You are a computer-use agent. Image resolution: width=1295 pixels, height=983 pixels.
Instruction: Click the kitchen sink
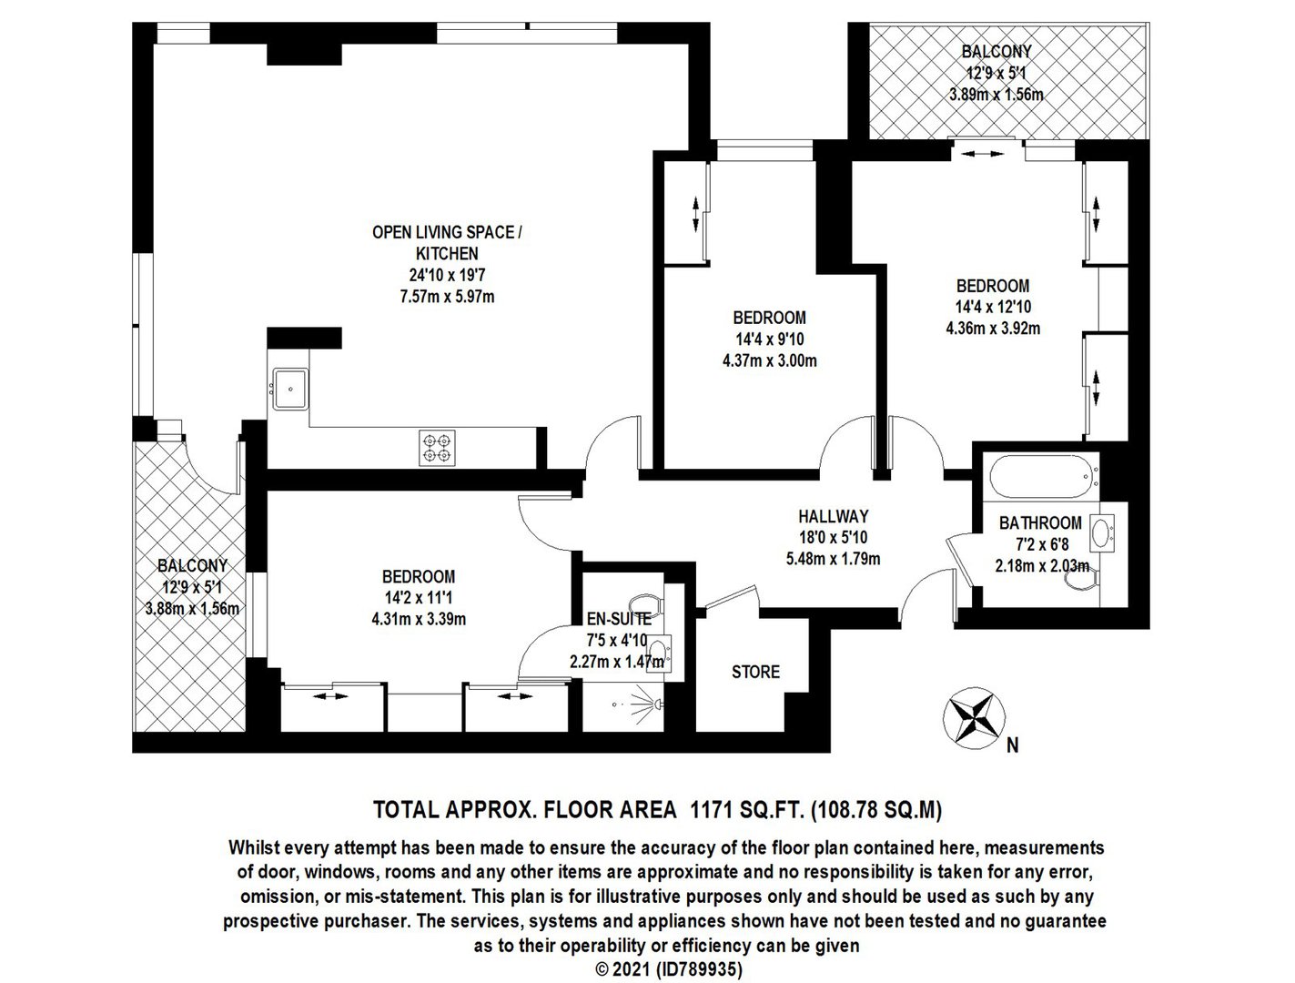[289, 389]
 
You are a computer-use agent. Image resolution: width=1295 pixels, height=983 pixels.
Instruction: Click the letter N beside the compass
[1012, 745]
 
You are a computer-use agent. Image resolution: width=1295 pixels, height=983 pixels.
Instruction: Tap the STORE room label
[755, 672]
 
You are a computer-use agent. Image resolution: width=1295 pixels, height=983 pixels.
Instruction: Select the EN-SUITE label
[619, 619]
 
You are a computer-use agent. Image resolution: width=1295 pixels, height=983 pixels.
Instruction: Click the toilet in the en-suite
[647, 604]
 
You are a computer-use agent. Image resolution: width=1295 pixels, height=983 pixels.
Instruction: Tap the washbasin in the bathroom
[1100, 532]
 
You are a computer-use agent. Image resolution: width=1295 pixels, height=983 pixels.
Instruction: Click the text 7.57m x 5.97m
[447, 296]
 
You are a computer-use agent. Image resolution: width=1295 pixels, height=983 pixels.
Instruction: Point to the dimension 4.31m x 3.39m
[419, 619]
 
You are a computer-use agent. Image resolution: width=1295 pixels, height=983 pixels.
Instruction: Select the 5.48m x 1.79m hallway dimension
[833, 558]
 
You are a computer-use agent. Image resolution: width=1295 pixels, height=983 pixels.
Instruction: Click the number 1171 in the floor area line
[712, 809]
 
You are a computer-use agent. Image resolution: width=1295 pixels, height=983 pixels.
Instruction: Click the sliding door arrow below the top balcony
[982, 154]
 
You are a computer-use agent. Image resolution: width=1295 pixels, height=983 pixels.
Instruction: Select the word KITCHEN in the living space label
[447, 254]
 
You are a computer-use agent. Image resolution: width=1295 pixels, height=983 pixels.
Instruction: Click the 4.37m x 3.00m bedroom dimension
[769, 360]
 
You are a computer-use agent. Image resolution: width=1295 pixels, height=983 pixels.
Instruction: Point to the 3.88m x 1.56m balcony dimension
[192, 608]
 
